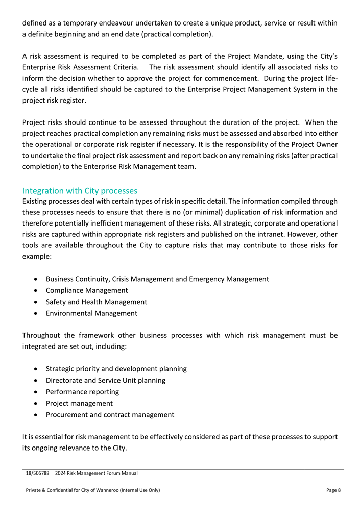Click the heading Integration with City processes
(x=80, y=191)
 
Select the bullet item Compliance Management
(x=87, y=290)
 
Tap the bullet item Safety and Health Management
(x=96, y=302)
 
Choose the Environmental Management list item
(x=91, y=313)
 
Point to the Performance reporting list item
(x=82, y=392)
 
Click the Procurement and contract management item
(x=110, y=415)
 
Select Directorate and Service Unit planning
(x=105, y=380)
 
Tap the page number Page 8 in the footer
(x=333, y=490)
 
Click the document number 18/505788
(x=37, y=473)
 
